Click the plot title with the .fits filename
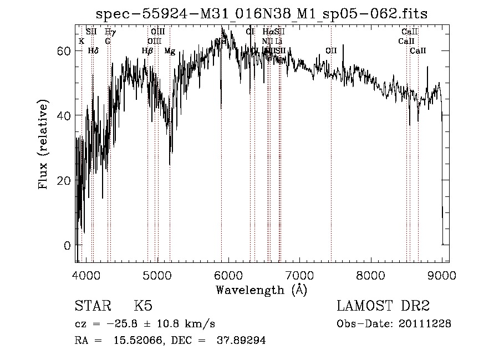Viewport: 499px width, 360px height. (262, 13)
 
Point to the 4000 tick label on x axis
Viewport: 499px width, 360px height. (86, 276)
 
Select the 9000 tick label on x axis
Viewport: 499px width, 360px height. (442, 276)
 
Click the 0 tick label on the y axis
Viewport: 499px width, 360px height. (66, 245)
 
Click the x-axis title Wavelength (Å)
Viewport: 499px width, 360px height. (261, 290)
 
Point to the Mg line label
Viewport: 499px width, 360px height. (170, 51)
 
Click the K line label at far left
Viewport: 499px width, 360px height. (82, 41)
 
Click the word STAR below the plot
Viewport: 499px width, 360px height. (92, 306)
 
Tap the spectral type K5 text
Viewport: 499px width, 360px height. (143, 306)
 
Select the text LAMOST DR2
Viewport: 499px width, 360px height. (383, 306)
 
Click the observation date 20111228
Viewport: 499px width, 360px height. (425, 323)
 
